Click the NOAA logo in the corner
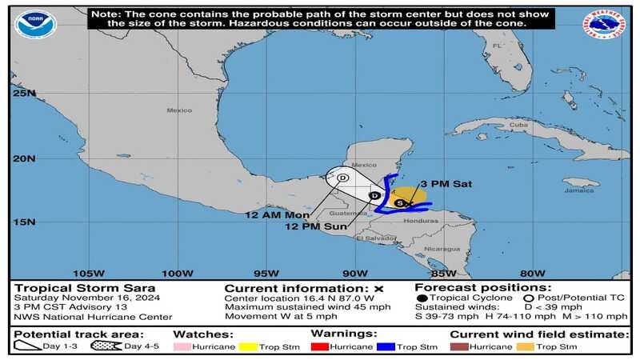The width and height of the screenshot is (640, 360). pos(35,24)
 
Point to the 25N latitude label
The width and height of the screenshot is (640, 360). pos(24,93)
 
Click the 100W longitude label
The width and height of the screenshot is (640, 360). pos(177,272)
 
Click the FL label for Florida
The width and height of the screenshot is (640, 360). pos(496,46)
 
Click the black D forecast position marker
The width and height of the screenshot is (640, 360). pos(374,195)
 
